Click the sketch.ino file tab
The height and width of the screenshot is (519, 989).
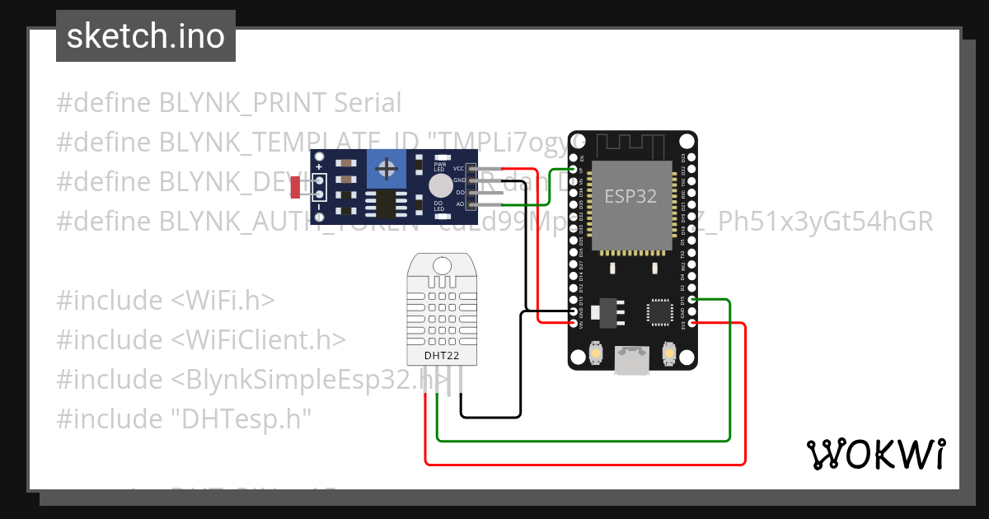146,36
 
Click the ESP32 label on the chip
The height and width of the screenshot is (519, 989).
630,196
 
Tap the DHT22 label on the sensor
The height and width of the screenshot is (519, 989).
441,356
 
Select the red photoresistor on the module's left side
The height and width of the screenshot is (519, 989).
295,189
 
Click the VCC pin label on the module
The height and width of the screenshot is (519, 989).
458,168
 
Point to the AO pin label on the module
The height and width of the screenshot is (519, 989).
460,203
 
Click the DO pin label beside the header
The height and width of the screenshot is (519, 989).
460,192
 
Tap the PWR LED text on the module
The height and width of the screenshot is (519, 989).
439,166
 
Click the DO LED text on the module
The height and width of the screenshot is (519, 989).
439,205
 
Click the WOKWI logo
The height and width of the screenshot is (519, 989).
875,455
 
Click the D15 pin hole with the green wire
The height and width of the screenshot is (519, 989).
692,300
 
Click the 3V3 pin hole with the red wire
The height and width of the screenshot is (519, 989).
692,323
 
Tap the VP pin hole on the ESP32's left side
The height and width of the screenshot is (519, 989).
573,169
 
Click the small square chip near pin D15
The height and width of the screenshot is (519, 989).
659,312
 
